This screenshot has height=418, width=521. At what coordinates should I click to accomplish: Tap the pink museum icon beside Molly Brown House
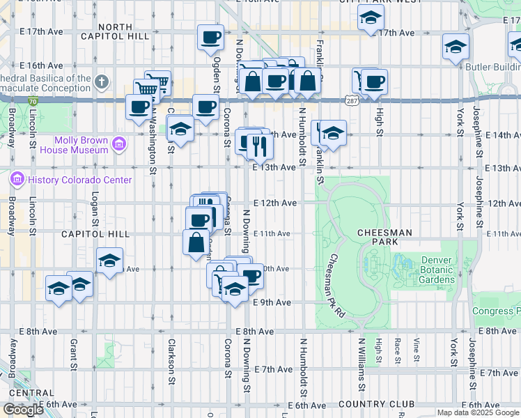tap(119, 144)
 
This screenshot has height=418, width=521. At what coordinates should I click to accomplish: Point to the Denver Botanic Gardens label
tap(437, 270)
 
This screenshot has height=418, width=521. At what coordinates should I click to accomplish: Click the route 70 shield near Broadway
tap(33, 101)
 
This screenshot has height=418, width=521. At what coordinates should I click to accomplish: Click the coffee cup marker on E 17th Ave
tap(210, 37)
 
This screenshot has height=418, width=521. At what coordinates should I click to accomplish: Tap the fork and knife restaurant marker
tap(260, 145)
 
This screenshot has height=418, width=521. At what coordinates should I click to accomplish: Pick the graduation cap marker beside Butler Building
tap(456, 47)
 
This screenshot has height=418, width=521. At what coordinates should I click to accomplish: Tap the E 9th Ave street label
tap(272, 302)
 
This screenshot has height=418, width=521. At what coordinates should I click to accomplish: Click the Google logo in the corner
tap(24, 409)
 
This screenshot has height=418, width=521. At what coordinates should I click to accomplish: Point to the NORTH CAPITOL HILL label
tap(114, 31)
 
